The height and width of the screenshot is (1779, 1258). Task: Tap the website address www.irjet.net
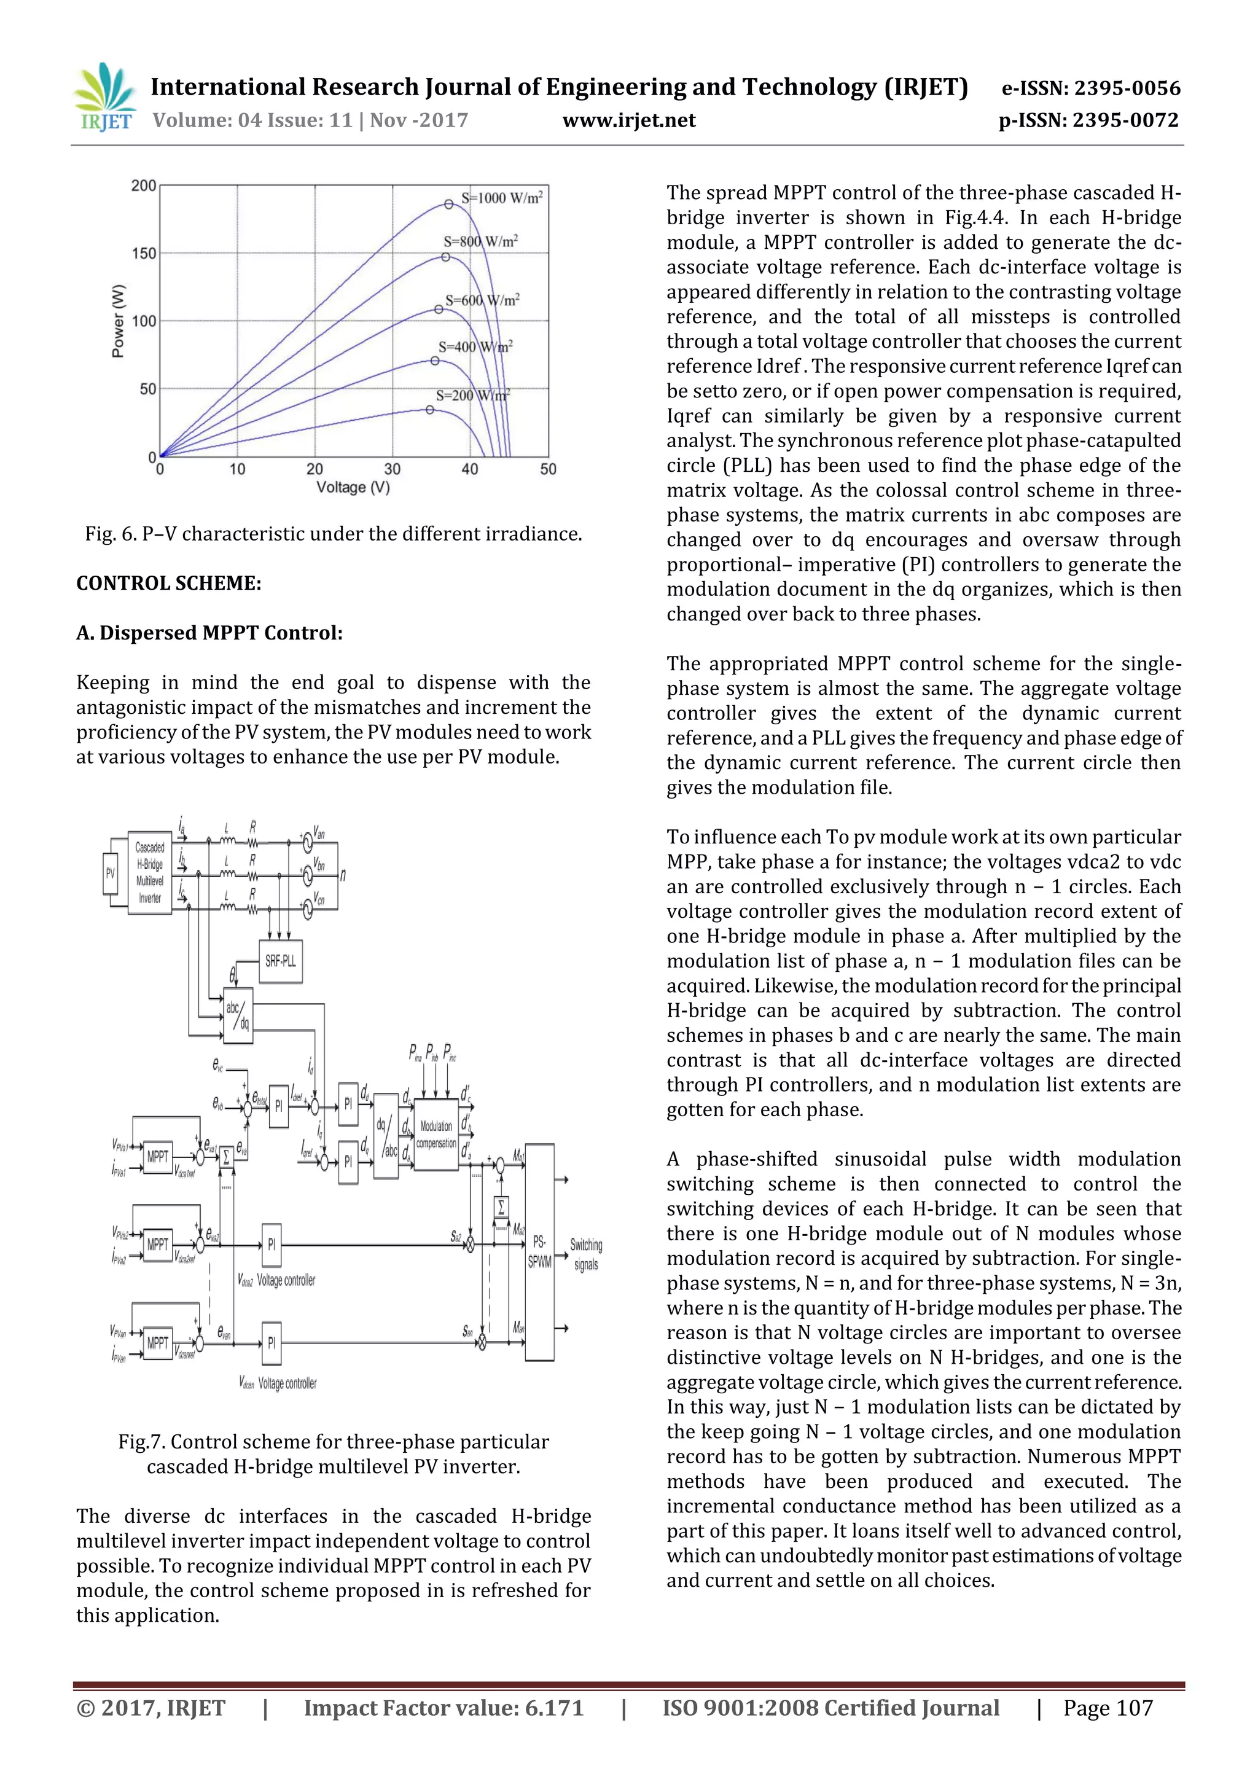click(628, 121)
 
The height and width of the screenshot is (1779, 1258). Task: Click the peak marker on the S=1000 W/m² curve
click(448, 205)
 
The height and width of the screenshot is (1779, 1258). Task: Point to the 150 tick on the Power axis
click(144, 253)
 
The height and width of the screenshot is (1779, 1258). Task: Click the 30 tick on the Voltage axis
click(392, 469)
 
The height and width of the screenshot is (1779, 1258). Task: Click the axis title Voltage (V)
click(353, 487)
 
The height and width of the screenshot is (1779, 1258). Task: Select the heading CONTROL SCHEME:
click(169, 584)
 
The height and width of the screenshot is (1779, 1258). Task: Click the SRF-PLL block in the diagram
click(281, 961)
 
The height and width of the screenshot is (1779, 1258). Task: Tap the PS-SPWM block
click(539, 1251)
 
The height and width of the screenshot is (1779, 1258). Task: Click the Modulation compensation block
click(436, 1133)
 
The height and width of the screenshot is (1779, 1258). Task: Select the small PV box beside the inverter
click(110, 874)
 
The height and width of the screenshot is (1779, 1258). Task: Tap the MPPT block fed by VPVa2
click(158, 1245)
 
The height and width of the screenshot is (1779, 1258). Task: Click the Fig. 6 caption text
click(333, 534)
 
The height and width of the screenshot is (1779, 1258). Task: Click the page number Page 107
click(1108, 1708)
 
